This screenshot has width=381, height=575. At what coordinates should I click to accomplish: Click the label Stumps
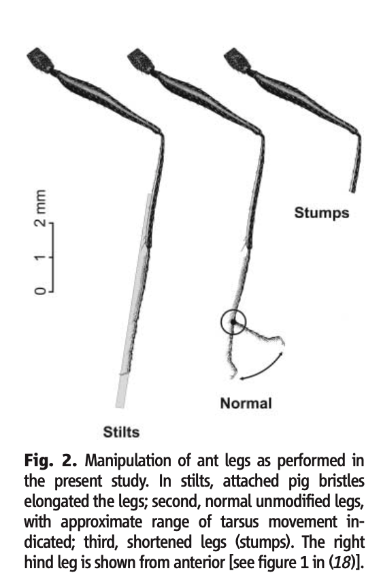(322, 213)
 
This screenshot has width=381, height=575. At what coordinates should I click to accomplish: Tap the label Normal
(246, 403)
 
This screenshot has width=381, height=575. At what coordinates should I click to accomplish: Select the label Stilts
(121, 432)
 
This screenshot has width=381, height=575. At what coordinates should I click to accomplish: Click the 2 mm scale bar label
(40, 208)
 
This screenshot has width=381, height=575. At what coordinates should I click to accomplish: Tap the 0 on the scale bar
(40, 291)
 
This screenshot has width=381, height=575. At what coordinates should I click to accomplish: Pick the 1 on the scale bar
(40, 257)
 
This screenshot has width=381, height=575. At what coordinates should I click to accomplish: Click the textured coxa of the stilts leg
(40, 59)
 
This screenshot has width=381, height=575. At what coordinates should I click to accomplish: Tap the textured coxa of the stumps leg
(237, 59)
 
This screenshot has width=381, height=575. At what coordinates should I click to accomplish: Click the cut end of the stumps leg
(352, 191)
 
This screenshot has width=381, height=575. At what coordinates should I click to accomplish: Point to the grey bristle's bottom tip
(120, 406)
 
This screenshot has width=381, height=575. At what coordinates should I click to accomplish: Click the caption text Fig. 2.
(50, 461)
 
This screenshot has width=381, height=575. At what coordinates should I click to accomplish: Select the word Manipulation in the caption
(129, 461)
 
